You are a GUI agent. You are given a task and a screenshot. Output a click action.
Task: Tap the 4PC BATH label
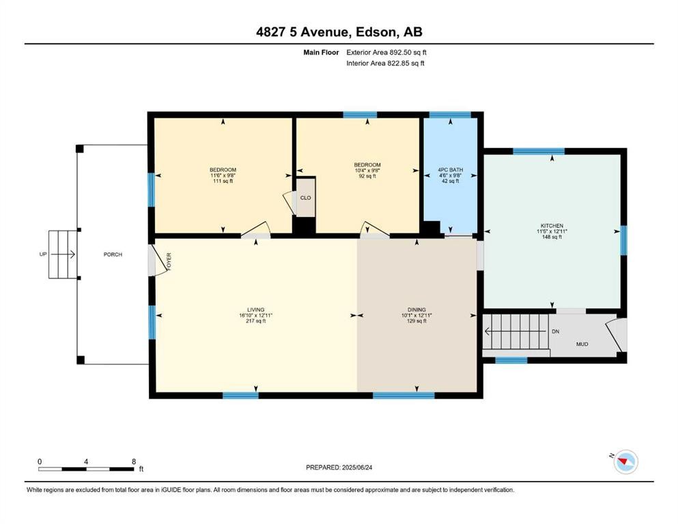(x=449, y=169)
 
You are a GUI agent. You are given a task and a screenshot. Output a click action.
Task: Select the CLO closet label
(x=306, y=198)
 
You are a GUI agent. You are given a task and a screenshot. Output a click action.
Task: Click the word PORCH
(x=113, y=254)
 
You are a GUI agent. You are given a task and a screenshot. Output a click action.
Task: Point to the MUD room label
(x=582, y=345)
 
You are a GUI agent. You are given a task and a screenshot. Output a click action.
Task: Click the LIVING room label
(x=256, y=309)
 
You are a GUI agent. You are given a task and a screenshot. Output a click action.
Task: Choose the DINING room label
(x=416, y=309)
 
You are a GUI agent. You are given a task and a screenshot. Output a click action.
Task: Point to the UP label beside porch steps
(x=43, y=254)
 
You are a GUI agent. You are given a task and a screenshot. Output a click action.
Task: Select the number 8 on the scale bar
(x=134, y=461)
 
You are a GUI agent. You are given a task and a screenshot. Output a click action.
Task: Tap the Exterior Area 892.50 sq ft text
(x=387, y=52)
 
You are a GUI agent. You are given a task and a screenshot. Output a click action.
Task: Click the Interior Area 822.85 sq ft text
(x=386, y=63)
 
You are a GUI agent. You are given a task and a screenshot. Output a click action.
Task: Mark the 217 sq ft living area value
(x=256, y=321)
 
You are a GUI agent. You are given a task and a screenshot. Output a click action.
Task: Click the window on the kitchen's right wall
(x=623, y=239)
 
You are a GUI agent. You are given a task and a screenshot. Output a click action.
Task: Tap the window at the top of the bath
(x=449, y=115)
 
